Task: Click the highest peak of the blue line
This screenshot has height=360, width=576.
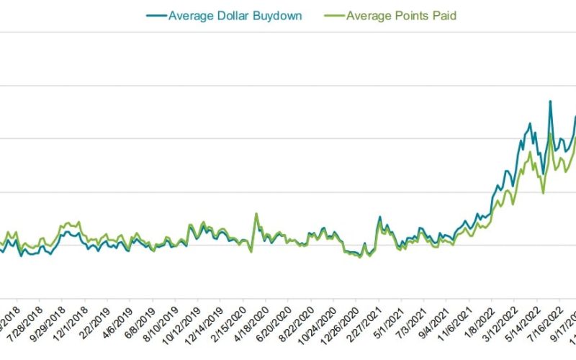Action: click(x=550, y=101)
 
